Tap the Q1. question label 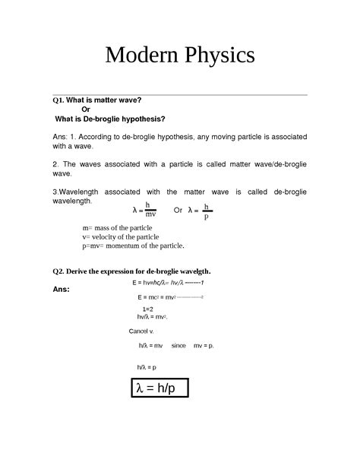tap(58, 100)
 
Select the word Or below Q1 tap(86, 109)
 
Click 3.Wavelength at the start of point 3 tap(79, 192)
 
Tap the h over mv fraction tap(150, 210)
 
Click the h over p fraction tap(206, 210)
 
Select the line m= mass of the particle tap(117, 228)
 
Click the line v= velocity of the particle tap(120, 236)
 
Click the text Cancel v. tap(142, 331)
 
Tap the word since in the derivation tap(178, 345)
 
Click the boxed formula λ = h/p tap(156, 388)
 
